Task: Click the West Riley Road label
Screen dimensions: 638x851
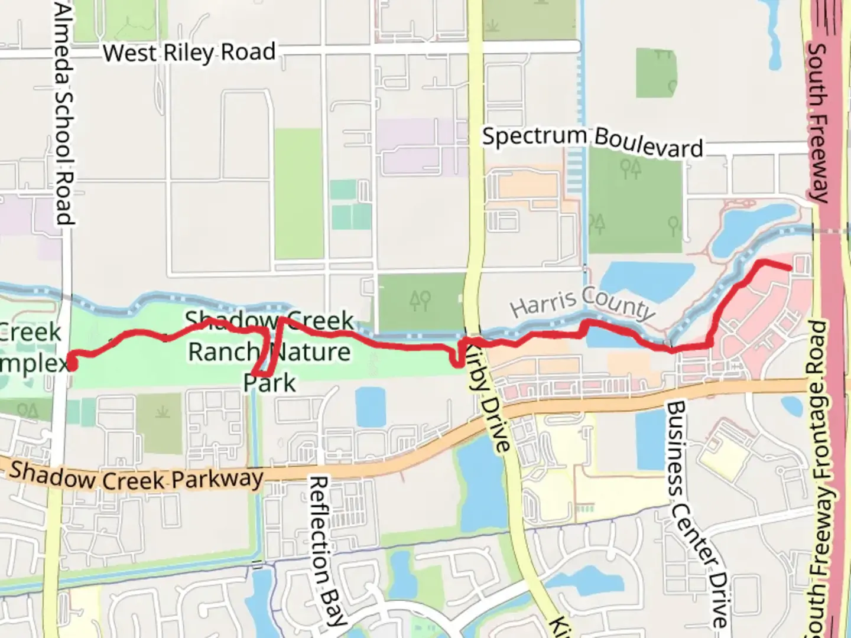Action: point(189,53)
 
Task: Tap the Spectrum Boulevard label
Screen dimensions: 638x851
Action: point(593,141)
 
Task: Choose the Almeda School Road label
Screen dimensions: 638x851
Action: point(64,112)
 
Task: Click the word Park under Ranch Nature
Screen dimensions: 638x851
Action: point(269,383)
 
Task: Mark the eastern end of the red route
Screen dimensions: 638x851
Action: point(789,268)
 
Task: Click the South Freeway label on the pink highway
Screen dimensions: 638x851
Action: point(819,121)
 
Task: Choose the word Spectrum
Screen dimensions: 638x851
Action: point(534,136)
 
